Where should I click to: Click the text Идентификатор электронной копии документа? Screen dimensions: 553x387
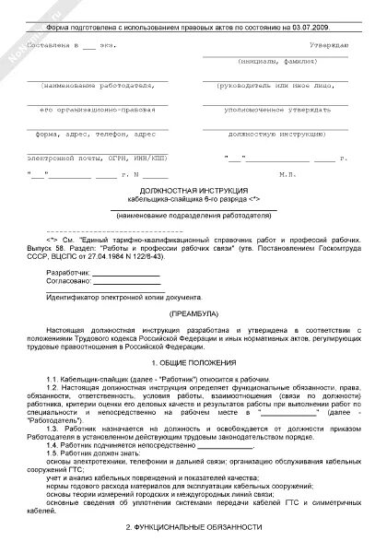(x=130, y=298)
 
